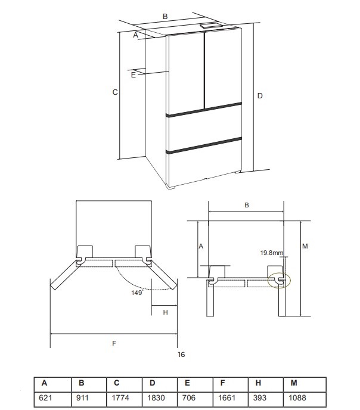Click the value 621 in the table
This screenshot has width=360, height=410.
(45, 397)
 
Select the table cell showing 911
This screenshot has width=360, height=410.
(82, 397)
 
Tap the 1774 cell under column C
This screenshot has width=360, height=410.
(120, 397)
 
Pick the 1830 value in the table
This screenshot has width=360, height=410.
(156, 397)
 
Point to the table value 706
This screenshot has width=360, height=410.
(188, 397)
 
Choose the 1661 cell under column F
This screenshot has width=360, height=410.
(226, 397)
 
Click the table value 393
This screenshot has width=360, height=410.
(260, 397)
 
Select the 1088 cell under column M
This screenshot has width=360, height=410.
(297, 397)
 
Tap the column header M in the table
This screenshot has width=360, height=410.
(294, 383)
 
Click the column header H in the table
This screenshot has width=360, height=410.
(258, 383)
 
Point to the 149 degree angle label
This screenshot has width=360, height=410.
(137, 293)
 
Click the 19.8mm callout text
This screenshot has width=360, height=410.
(272, 253)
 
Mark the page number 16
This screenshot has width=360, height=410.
(181, 355)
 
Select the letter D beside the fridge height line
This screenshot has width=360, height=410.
(260, 96)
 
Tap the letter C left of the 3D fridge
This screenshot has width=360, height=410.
(115, 92)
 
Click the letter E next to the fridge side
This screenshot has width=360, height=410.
(134, 75)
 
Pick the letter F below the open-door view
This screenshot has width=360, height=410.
(114, 343)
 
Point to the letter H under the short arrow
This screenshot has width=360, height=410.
(165, 312)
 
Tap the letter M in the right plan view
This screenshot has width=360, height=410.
(305, 246)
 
